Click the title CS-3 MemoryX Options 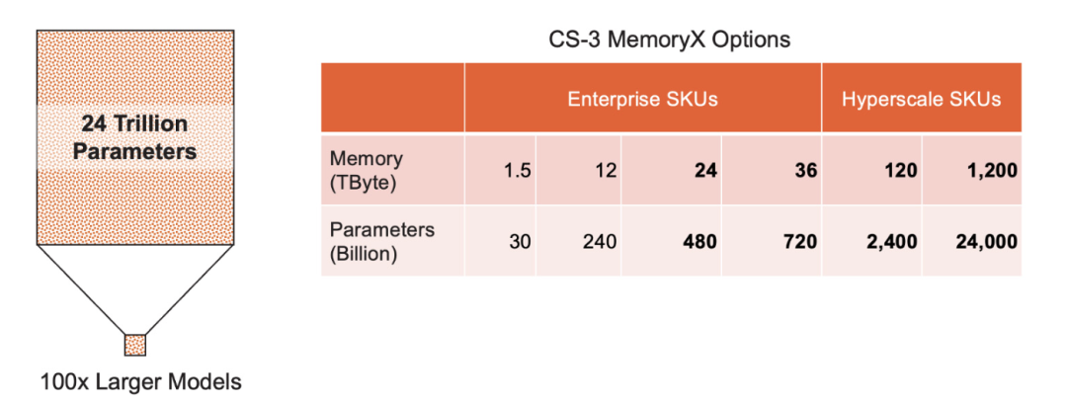pos(669,41)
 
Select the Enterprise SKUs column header pos(642,99)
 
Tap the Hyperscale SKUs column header pos(921,99)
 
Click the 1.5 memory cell pos(517,170)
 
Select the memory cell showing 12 pos(606,170)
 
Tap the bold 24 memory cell pos(704,170)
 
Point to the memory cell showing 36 pos(805,170)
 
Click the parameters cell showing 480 pos(699,240)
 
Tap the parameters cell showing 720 pos(800,240)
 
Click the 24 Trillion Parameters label pos(134,137)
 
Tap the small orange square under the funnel pos(134,345)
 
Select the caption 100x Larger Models pos(141,381)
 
